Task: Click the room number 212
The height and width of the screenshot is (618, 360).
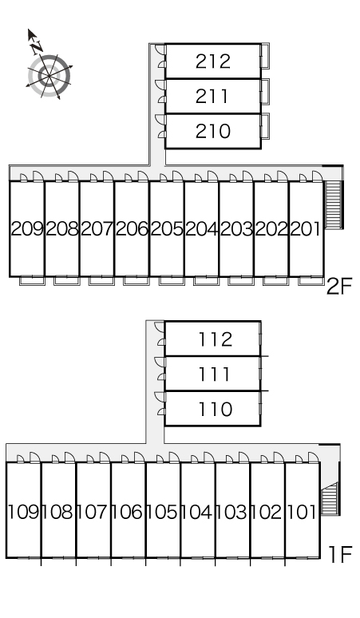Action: pos(212,61)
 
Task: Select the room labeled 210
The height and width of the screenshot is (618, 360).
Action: pos(212,131)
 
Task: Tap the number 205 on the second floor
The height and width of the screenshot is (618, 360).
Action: pos(167,228)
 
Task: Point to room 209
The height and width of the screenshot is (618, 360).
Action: pos(27,228)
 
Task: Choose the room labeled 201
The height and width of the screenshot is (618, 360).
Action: pos(305,228)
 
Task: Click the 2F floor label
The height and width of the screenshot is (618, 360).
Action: pos(339,287)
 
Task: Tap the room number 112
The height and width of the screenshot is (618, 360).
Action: pos(216,339)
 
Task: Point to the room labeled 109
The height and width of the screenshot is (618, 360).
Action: pos(24,512)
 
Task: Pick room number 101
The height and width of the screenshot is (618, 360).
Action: pos(302,512)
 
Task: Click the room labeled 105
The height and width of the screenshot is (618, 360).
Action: pos(163,512)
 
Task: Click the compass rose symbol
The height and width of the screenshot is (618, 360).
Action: pos(49,75)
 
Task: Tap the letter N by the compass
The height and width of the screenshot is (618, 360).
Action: pos(37,47)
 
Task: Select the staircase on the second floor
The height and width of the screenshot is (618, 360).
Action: pos(333,204)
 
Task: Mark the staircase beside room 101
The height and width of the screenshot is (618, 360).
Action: pos(330,498)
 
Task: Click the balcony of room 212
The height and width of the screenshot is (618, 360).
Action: pos(265,57)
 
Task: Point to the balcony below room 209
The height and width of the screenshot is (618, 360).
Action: pos(32,280)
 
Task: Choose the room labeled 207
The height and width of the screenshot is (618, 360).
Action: pos(97,228)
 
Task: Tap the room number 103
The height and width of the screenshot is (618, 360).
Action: pos(232,512)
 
